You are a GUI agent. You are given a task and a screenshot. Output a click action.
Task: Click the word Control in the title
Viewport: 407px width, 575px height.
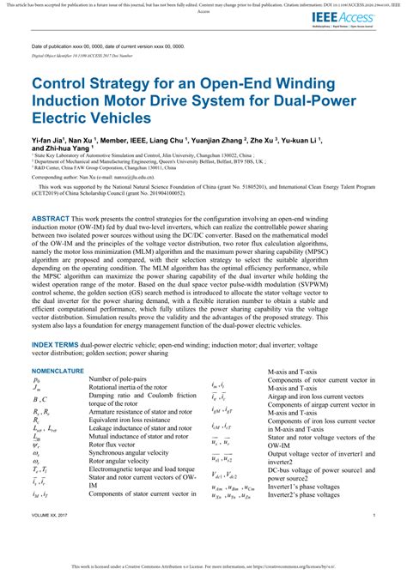coord(66,86)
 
